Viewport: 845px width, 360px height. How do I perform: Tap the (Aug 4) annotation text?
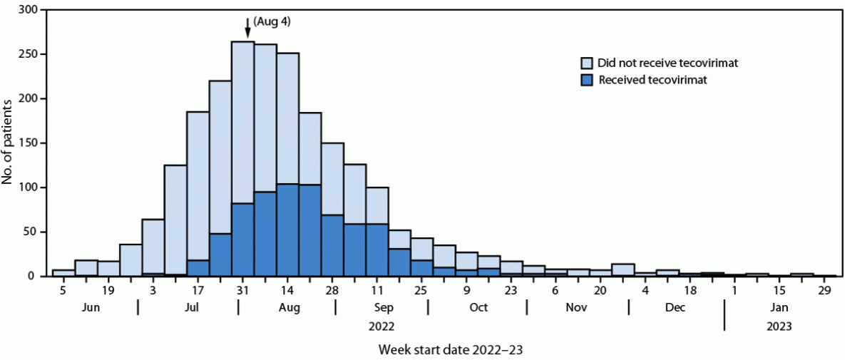(272, 21)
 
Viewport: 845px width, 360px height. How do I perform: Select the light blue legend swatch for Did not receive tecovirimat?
(588, 63)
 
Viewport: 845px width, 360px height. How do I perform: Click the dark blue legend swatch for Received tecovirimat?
(588, 80)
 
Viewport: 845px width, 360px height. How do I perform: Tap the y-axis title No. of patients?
(8, 143)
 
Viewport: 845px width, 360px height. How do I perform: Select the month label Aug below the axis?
(287, 307)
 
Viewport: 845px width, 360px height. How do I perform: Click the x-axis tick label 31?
(243, 291)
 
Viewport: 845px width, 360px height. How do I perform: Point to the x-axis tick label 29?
(824, 291)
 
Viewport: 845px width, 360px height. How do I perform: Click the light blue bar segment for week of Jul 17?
(198, 185)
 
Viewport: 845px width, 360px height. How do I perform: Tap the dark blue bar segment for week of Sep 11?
(377, 250)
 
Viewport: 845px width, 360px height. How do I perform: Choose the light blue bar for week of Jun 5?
(63, 273)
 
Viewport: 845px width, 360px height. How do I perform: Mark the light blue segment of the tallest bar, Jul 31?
(243, 122)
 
